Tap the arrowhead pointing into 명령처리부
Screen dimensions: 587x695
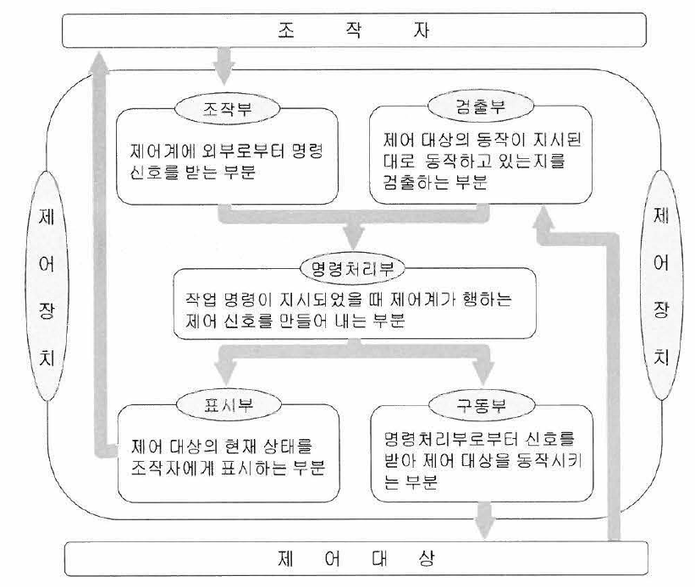tap(354, 239)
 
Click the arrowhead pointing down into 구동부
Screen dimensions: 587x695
tap(483, 373)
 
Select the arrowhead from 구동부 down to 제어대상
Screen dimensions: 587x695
tap(484, 525)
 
